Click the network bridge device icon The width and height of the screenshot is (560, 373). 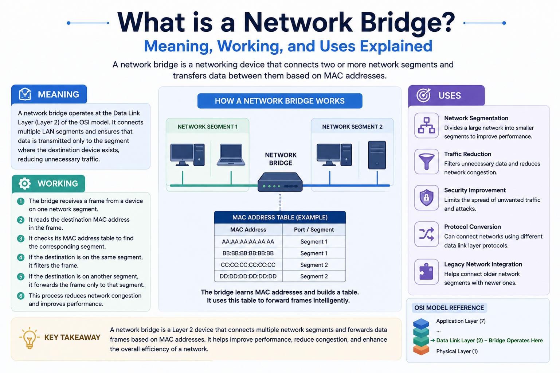(280, 182)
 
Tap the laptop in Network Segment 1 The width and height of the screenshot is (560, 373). (231, 155)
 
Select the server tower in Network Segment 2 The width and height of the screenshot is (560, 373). (377, 155)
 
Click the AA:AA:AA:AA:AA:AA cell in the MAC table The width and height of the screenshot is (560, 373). (248, 241)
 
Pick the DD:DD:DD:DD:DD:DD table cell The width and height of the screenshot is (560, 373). (248, 276)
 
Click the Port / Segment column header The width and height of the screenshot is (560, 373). (314, 230)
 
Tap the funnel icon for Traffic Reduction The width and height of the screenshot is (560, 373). (427, 162)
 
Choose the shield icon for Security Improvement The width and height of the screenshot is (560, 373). (427, 198)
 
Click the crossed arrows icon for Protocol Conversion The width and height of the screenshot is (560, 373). (427, 234)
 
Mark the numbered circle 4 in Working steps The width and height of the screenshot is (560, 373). (21, 257)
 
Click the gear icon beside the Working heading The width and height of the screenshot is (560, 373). (25, 183)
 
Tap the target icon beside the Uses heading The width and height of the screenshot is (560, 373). (423, 95)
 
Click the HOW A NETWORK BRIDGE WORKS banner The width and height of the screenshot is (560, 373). (280, 101)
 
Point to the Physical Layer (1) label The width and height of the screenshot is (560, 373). (457, 351)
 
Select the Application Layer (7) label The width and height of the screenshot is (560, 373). (461, 321)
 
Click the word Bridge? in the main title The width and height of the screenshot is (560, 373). (407, 23)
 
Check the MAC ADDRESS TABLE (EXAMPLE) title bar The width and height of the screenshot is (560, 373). (280, 217)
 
